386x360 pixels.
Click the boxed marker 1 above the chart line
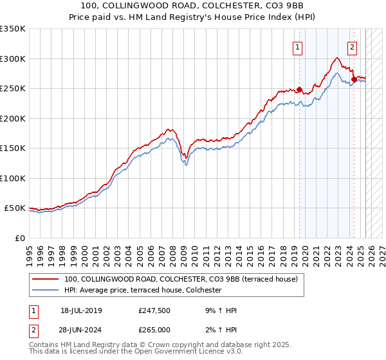pos(298,46)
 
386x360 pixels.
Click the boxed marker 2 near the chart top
pos(353,46)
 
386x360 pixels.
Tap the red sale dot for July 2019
pos(299,89)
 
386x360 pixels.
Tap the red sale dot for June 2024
pos(354,80)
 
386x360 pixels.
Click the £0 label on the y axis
pos(19,238)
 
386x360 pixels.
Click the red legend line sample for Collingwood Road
pos(46,280)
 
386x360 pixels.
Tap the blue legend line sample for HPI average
pos(46,291)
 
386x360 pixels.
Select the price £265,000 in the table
pos(154,330)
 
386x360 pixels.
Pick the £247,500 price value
pos(154,310)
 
